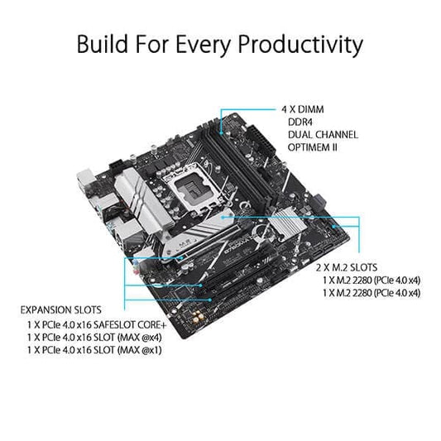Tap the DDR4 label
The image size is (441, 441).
click(295, 122)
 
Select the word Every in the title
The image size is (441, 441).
click(195, 43)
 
